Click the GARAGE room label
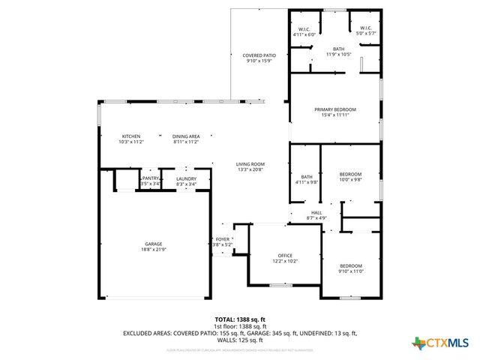[153, 244]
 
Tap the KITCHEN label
[131, 136]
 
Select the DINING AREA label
[186, 136]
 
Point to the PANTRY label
[151, 178]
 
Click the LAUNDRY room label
[186, 178]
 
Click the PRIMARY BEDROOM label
[334, 109]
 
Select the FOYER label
[223, 239]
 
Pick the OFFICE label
[285, 255]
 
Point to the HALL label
[316, 213]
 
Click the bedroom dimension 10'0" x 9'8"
[350, 180]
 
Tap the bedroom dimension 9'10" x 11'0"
[351, 271]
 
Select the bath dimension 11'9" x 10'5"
[339, 55]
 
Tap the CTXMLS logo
[442, 343]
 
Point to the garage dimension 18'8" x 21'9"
[153, 249]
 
